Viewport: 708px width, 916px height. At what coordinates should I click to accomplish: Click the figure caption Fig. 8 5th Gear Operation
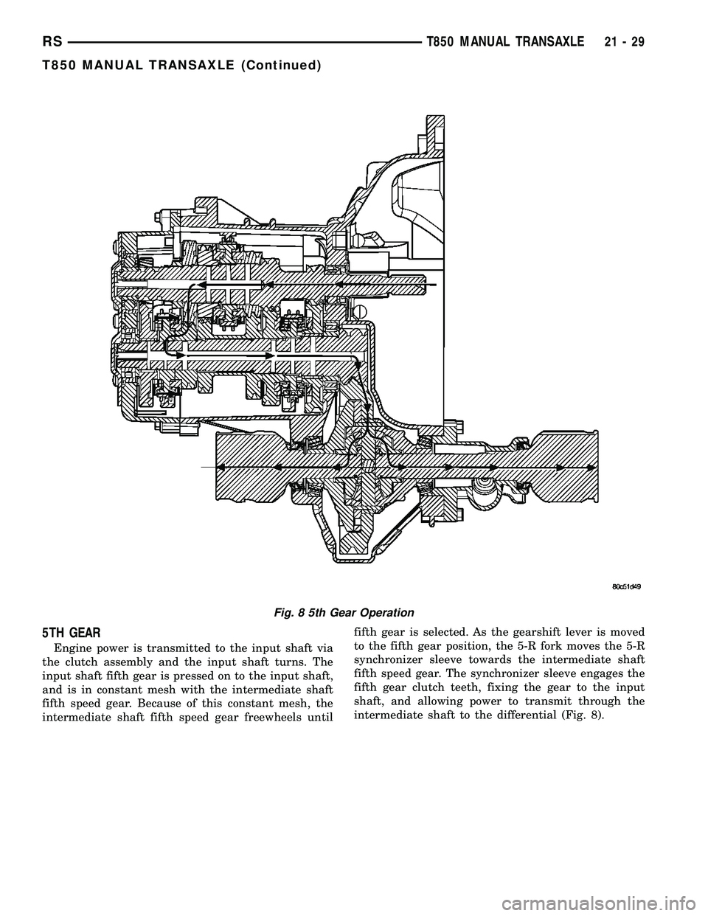click(354, 612)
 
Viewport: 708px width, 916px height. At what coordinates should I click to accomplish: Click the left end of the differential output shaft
click(217, 467)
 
